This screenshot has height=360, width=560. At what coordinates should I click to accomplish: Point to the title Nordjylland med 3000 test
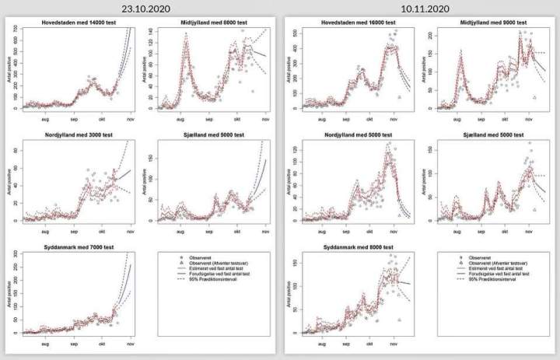coord(76,135)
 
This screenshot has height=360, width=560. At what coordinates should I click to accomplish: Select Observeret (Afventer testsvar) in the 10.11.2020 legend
coord(497,263)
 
